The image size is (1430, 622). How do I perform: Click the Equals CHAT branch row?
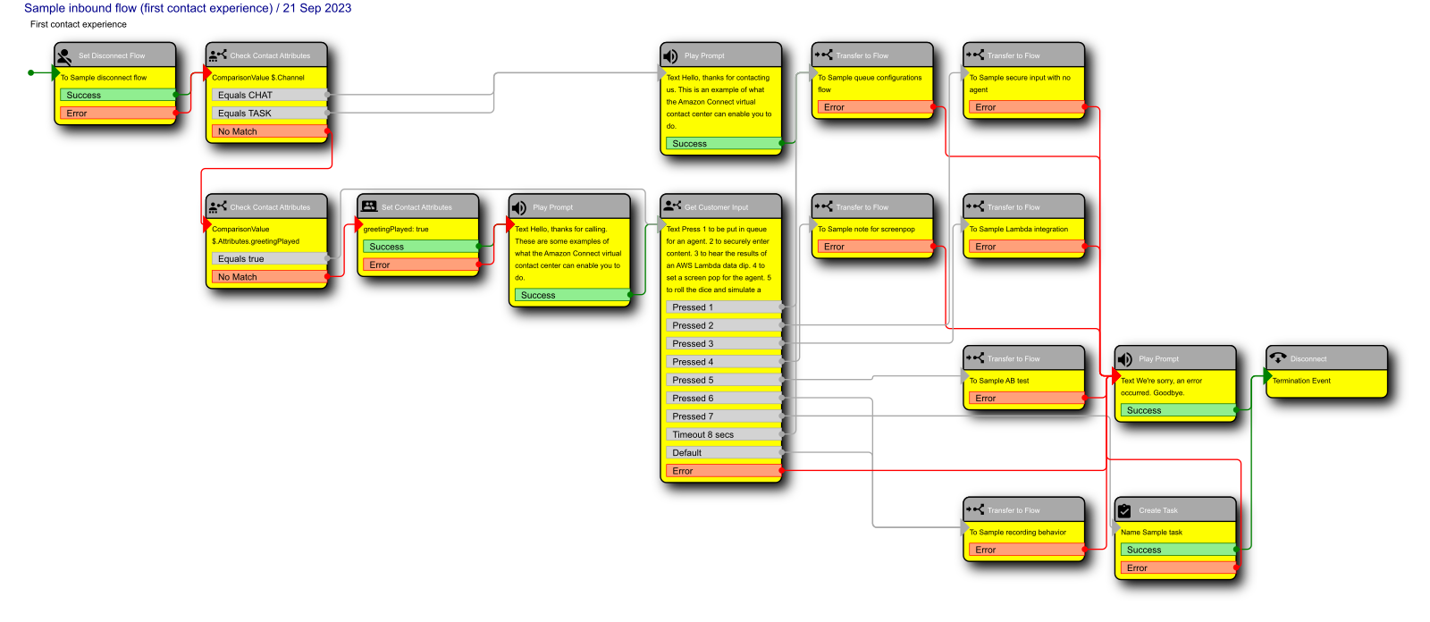(269, 95)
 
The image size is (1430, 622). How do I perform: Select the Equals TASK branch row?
(269, 113)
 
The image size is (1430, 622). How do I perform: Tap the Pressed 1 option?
(723, 307)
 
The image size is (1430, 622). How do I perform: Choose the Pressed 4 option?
(723, 362)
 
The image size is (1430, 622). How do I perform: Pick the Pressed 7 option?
(723, 416)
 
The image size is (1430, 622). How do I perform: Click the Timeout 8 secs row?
(723, 435)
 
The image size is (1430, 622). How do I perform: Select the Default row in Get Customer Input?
(723, 453)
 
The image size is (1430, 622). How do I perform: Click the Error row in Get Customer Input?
(723, 471)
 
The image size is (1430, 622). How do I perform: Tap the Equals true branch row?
(269, 259)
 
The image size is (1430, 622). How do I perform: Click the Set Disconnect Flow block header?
(115, 55)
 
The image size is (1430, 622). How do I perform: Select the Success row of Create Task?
(1177, 550)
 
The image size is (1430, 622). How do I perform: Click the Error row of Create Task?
(1177, 568)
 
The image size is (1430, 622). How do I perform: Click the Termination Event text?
(1301, 381)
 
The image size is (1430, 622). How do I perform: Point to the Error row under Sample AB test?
(1025, 399)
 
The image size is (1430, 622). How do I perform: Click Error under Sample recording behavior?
(1025, 551)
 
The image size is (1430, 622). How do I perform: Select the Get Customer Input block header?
(720, 207)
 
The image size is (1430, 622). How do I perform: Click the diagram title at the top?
(188, 8)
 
